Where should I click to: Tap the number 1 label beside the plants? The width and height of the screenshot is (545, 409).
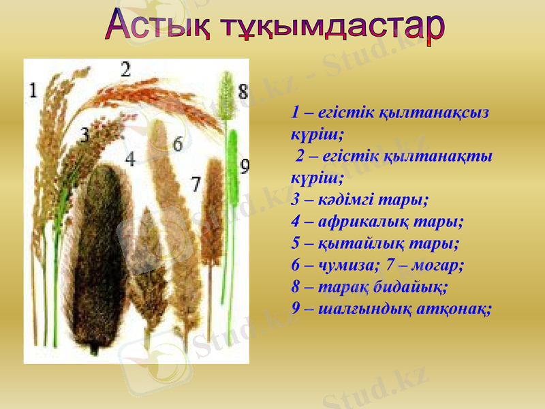point(33,89)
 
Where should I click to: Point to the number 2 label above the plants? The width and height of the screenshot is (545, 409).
point(126,68)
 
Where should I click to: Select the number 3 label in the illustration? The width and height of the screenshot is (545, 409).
point(84,134)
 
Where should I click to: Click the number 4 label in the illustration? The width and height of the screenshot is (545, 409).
point(130,158)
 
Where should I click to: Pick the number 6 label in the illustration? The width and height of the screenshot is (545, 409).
point(178,144)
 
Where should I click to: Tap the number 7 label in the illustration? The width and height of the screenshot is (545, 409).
point(196,183)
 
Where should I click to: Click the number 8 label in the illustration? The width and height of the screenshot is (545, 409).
point(243,91)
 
